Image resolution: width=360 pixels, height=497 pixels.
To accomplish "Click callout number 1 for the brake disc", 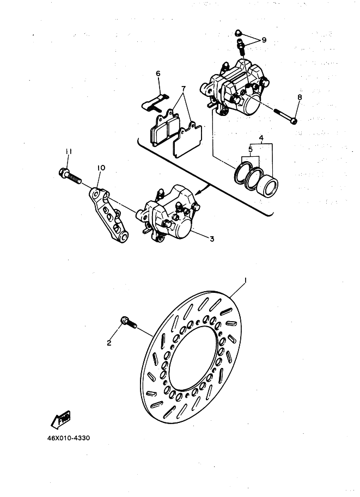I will coord(246,281).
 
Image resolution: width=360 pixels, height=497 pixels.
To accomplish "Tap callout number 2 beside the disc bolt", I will coord(109,343).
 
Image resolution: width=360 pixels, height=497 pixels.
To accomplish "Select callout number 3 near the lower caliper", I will coord(212,239).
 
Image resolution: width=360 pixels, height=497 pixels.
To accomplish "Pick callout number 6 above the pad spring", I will coord(158,73).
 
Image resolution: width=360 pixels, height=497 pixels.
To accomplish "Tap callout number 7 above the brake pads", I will coord(184,88).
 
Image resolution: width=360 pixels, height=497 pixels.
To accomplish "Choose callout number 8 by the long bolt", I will coord(298,97).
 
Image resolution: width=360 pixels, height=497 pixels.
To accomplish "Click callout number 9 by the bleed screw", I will coord(264,40).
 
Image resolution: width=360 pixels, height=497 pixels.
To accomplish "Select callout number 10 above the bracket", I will coord(100,169).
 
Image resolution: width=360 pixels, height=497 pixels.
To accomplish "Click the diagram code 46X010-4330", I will coord(64,437).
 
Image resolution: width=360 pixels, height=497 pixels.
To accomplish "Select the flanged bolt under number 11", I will coord(68,176).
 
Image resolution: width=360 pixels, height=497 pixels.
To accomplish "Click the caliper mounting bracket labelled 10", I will coord(109,212).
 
